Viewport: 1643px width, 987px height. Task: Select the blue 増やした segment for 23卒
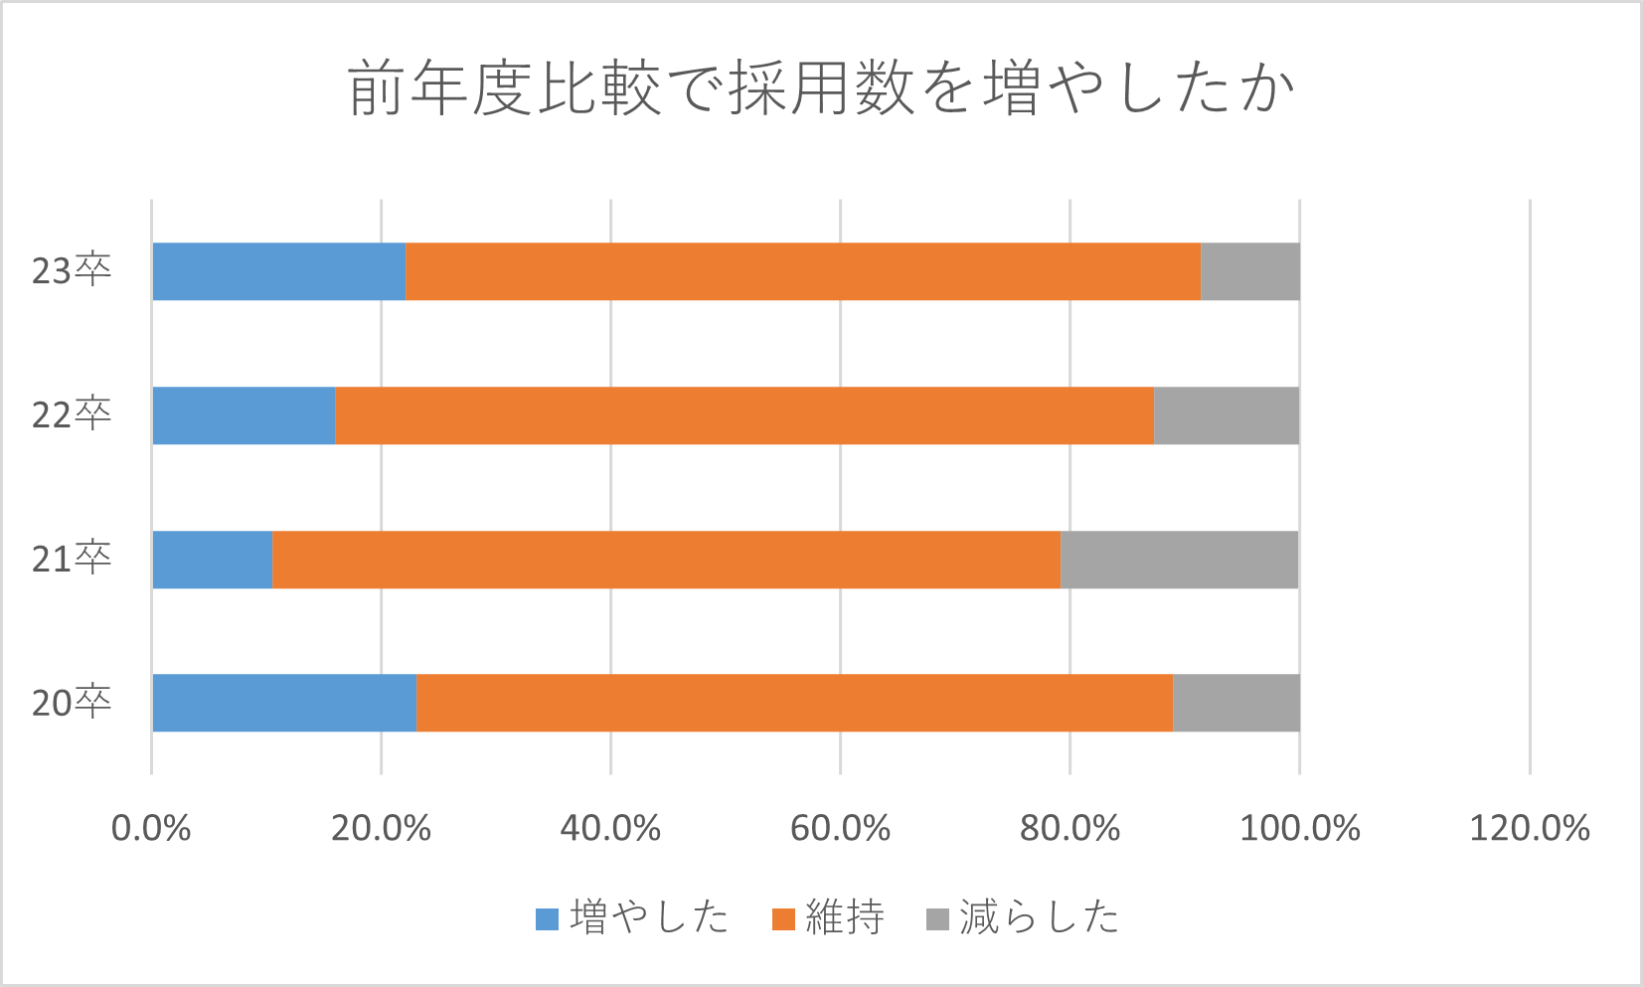point(279,271)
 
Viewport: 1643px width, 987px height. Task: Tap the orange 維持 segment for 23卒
point(803,271)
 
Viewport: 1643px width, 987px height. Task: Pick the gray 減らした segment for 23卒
point(1249,271)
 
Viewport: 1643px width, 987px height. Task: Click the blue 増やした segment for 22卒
point(245,415)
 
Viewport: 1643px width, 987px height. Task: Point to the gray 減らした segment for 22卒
point(1227,415)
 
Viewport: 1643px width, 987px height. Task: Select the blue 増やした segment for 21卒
point(213,560)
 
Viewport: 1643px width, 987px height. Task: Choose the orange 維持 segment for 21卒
point(666,560)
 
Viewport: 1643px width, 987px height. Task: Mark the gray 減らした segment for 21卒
point(1180,560)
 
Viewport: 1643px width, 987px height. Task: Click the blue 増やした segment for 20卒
point(285,703)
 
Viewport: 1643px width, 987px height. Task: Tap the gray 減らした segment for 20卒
point(1235,703)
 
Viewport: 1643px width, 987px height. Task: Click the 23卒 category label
point(72,271)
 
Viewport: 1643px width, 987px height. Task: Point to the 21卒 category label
point(72,560)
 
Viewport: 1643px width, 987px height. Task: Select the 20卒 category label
point(72,704)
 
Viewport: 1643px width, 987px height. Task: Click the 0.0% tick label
point(151,828)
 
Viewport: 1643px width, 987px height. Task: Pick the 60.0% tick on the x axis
point(840,828)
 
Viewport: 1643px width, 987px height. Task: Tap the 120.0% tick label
point(1530,828)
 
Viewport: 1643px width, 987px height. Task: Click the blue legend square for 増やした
point(547,919)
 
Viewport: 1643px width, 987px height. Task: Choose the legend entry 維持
point(843,917)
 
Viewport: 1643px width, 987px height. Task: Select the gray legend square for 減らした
point(937,919)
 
